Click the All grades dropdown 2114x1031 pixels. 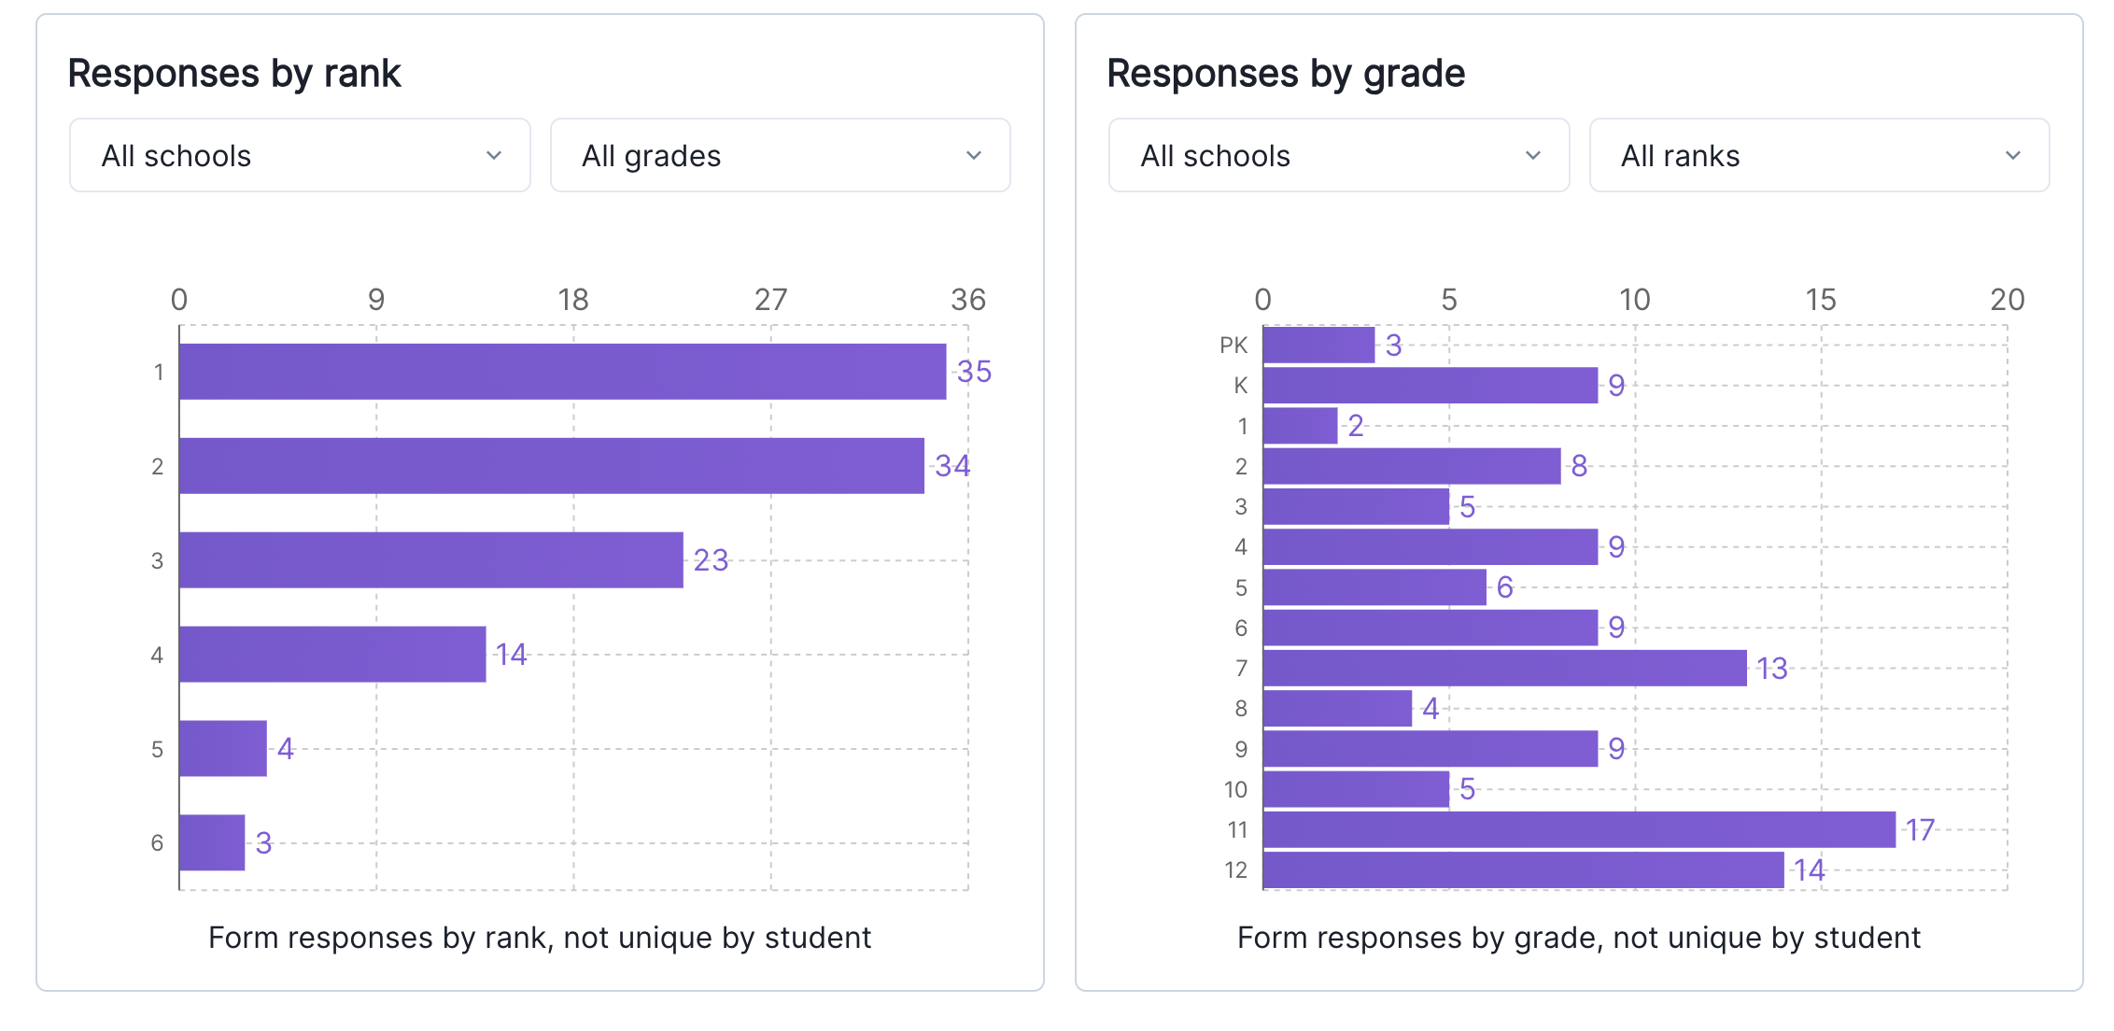pos(780,155)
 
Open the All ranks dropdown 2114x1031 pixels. pos(1818,155)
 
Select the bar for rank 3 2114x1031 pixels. pos(430,560)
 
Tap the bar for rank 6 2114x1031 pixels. pos(212,842)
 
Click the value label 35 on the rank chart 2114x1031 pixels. pos(974,372)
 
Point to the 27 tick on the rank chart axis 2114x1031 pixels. pos(770,300)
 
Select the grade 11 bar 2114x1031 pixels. pos(1578,829)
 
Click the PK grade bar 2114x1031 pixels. pos(1318,345)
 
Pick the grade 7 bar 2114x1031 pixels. pos(1504,668)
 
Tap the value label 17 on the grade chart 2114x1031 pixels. pos(1920,829)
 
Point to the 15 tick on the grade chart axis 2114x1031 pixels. pos(1820,300)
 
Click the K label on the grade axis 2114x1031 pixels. pos(1240,385)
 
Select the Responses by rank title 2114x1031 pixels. pos(234,73)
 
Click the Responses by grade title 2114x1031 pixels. pos(1286,73)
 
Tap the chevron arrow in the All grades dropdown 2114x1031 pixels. pos(974,155)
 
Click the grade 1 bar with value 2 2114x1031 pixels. pos(1300,426)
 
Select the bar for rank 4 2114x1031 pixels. pos(332,655)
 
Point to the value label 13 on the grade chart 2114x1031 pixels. pos(1771,668)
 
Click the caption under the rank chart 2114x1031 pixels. pos(540,937)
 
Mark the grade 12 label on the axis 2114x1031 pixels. pos(1235,870)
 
